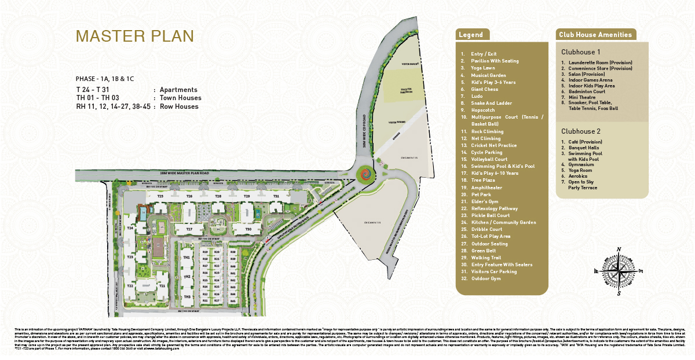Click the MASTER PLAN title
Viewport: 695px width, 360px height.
[134, 36]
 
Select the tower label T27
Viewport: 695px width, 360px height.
[189, 230]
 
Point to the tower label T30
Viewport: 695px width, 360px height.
[248, 230]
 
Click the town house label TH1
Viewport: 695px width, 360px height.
[186, 258]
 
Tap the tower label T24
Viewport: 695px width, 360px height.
[130, 229]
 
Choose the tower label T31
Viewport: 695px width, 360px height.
[276, 197]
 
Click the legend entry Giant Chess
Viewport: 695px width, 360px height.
[484, 89]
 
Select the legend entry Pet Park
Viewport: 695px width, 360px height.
[480, 194]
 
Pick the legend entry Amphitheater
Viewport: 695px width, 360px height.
[486, 187]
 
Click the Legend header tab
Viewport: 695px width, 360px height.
[471, 35]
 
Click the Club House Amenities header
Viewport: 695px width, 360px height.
[595, 35]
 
